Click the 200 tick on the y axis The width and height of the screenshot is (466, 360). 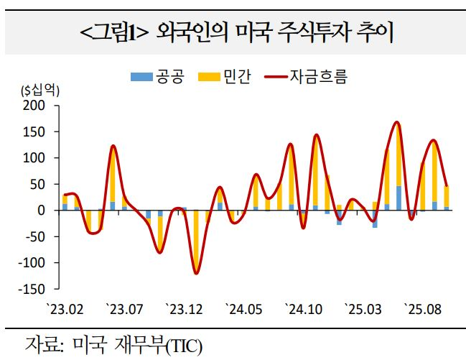point(34,106)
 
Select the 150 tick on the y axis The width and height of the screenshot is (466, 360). point(34,132)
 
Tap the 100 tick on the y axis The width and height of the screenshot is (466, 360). point(34,158)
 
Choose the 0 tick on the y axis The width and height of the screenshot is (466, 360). point(41,211)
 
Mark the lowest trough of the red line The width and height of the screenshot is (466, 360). point(195,273)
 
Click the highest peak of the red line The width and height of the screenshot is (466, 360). point(397,123)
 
